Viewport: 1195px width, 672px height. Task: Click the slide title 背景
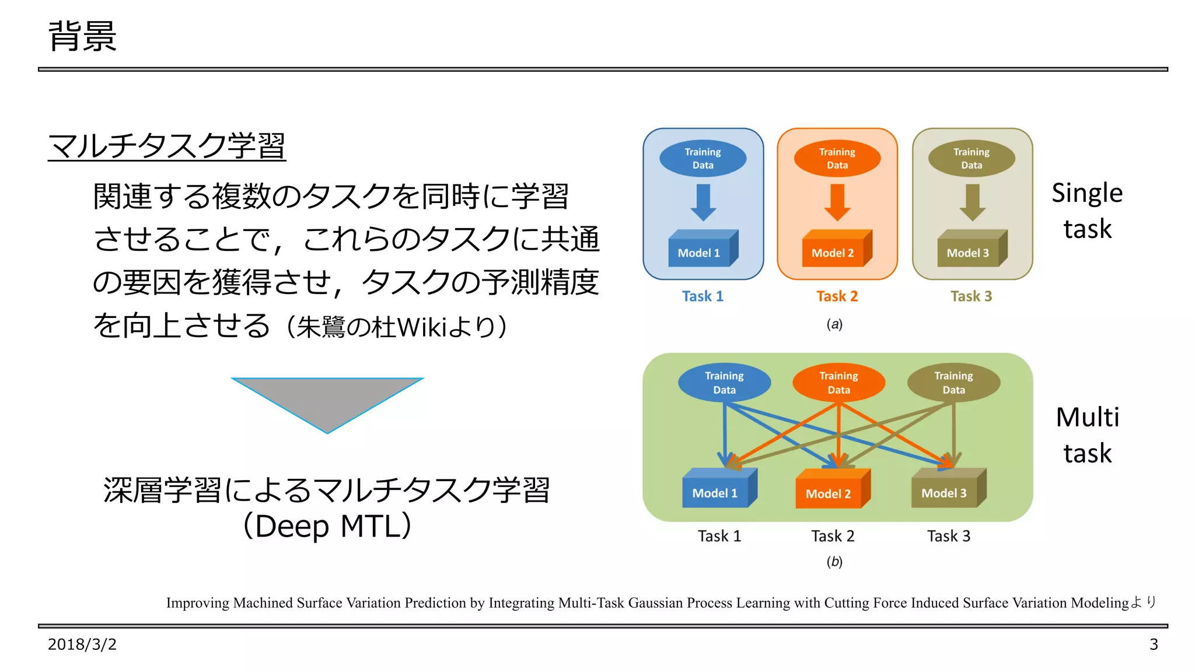pos(82,36)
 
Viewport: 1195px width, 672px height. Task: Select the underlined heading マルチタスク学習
pos(167,146)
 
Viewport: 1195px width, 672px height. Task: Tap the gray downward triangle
pos(327,400)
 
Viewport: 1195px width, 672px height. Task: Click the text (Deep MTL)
pos(327,526)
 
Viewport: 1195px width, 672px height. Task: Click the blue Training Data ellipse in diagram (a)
pos(703,158)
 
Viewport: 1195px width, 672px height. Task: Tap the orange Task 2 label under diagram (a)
pos(837,296)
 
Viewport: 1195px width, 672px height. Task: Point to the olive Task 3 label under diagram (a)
pos(971,296)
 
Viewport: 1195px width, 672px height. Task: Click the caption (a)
pos(834,324)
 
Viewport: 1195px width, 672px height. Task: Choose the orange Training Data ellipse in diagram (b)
pos(838,383)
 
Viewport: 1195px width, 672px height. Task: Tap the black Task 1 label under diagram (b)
pos(719,536)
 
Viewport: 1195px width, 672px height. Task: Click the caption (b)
pos(834,562)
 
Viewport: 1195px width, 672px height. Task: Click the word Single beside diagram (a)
pos(1087,193)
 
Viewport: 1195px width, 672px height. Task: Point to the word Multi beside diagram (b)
pos(1087,418)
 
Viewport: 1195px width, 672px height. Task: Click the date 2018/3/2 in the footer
pos(82,645)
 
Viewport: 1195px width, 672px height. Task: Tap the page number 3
pos(1153,645)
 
